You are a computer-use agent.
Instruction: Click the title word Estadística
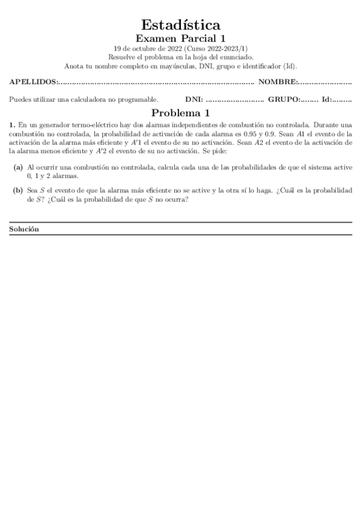coord(180,25)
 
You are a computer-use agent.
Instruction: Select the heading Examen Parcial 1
coord(180,38)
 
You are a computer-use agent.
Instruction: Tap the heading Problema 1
coord(180,112)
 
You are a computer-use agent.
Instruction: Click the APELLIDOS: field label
coord(34,82)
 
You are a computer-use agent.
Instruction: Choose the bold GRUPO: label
coord(284,99)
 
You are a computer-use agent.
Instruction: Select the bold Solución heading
coord(24,229)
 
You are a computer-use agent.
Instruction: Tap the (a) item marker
coord(18,167)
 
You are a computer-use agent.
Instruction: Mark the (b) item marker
coord(18,190)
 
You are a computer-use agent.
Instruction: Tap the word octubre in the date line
coord(140,49)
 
